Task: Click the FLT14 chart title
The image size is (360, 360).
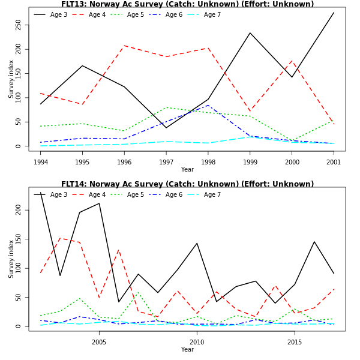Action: click(x=187, y=184)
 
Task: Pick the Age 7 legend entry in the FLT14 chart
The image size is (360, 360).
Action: click(x=212, y=194)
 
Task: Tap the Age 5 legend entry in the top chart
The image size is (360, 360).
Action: click(x=135, y=14)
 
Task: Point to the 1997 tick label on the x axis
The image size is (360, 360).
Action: click(x=166, y=162)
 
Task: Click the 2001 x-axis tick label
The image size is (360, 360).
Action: click(x=334, y=162)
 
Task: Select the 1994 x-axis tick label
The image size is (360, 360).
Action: click(x=41, y=162)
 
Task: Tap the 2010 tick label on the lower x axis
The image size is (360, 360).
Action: click(x=197, y=342)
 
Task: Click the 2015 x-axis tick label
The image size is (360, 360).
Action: click(x=295, y=342)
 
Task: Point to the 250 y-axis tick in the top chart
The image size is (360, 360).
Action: click(x=19, y=25)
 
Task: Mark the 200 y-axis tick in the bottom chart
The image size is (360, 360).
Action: click(x=19, y=210)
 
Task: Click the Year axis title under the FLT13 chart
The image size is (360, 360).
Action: click(x=187, y=169)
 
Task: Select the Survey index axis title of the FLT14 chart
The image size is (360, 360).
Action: click(x=11, y=259)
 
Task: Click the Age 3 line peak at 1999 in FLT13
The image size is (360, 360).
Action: click(x=250, y=33)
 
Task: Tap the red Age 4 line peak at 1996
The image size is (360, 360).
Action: click(x=125, y=46)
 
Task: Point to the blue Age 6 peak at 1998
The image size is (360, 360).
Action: click(x=208, y=106)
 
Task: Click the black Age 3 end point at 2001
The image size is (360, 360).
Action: click(x=334, y=13)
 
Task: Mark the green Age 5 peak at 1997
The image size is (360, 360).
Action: click(x=166, y=107)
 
